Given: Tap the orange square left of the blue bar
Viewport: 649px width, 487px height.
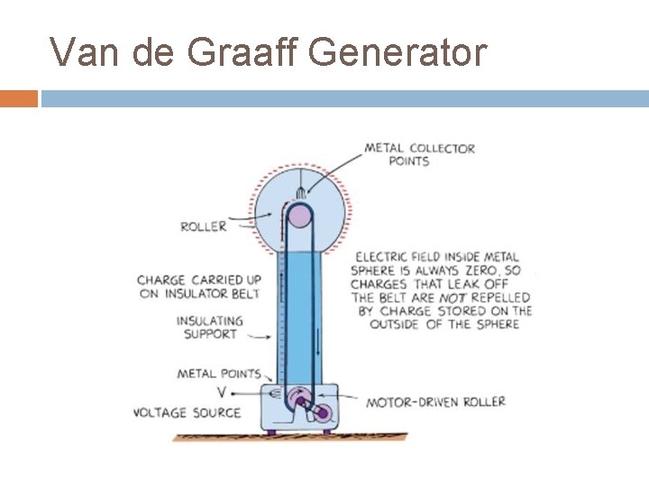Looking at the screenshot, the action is [18, 98].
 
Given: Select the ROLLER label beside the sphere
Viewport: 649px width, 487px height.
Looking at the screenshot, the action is [204, 226].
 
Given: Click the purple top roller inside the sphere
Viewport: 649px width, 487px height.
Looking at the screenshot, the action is [298, 216].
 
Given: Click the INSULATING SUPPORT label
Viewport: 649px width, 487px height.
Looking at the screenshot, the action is [209, 326].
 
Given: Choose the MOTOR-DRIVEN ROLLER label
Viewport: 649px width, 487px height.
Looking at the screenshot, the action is [435, 401].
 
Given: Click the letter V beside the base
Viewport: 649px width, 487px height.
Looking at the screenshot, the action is [222, 392].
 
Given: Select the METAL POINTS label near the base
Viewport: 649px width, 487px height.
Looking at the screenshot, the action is [219, 373].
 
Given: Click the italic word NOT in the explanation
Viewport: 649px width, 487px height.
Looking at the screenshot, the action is [452, 297].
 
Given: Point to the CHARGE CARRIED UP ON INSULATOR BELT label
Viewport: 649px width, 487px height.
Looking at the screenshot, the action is [198, 286].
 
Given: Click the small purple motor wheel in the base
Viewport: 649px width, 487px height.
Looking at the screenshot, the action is [322, 412].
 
